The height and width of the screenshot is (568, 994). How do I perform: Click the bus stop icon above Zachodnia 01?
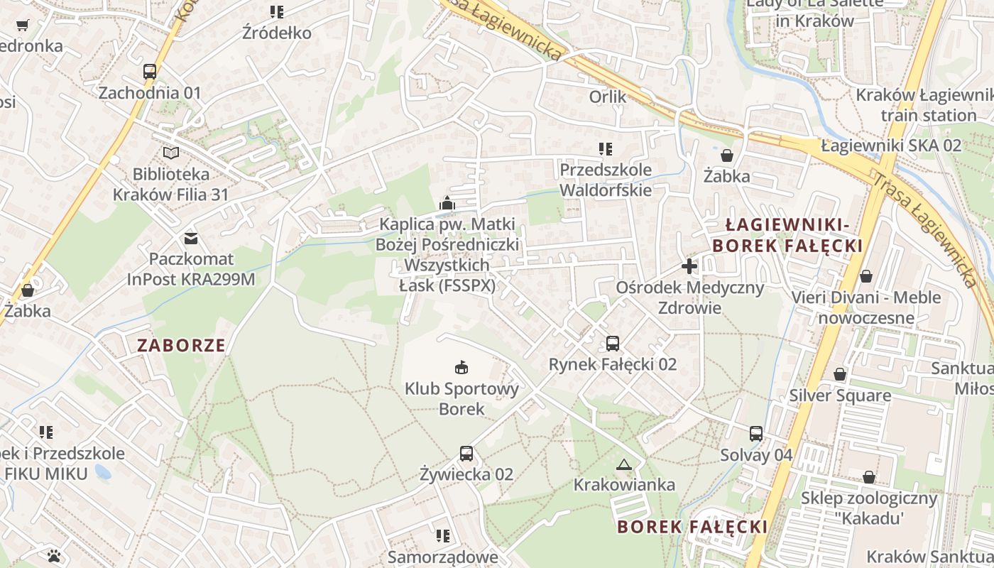click(149, 72)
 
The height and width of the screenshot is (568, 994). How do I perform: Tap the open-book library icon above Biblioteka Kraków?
click(170, 153)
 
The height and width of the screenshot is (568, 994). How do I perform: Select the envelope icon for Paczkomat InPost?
click(191, 238)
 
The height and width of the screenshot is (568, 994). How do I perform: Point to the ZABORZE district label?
click(181, 346)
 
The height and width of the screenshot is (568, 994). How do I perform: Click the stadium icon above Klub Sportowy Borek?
click(461, 367)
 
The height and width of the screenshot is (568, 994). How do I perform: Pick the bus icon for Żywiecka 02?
click(466, 453)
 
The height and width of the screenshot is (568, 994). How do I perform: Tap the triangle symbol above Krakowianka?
click(624, 465)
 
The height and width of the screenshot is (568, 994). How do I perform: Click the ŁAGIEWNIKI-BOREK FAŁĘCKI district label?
click(787, 236)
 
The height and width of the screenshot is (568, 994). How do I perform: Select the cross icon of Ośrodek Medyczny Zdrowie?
click(689, 267)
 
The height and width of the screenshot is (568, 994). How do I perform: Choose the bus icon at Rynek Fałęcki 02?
click(613, 344)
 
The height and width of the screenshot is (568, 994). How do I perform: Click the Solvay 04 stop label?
click(756, 454)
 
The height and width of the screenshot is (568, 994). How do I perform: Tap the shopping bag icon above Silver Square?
click(840, 374)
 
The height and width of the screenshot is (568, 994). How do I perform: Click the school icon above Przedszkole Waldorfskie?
click(605, 149)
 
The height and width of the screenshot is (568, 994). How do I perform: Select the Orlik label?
click(608, 97)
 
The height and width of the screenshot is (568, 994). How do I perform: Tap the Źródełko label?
click(277, 33)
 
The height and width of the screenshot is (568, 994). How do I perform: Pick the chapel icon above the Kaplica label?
click(447, 204)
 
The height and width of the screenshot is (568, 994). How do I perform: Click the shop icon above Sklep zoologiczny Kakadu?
click(868, 477)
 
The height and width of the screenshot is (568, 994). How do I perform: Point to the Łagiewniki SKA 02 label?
click(891, 146)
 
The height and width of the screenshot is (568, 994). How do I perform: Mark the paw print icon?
click(55, 555)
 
